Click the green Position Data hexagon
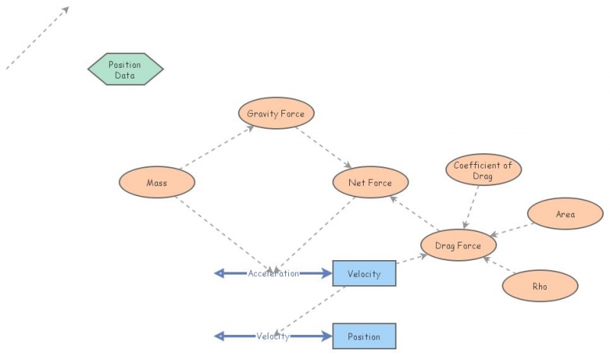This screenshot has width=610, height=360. [125, 69]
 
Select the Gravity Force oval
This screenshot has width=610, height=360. [276, 114]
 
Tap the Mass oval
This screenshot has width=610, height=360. [157, 182]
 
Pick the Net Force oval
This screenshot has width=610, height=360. [371, 182]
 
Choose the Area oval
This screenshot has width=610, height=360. [565, 214]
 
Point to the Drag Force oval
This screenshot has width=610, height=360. [458, 245]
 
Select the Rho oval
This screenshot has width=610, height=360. [540, 286]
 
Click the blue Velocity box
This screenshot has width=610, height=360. [364, 274]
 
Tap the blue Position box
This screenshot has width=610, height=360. [364, 336]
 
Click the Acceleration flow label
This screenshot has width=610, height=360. [273, 273]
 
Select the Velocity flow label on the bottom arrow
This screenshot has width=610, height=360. [273, 336]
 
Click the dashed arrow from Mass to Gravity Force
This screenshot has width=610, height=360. [217, 147]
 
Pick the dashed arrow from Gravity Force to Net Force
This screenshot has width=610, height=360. [323, 148]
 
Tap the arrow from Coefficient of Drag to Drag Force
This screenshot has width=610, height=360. [475, 206]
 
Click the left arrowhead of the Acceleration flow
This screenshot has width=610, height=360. [220, 273]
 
